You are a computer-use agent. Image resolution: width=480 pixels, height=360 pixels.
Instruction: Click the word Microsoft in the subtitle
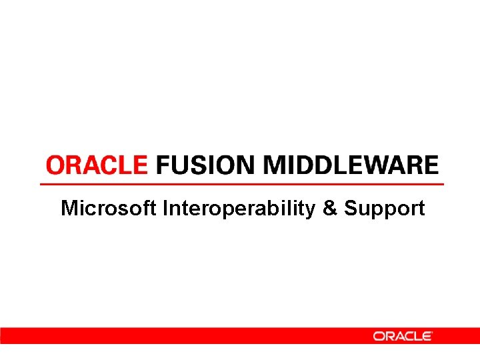click(x=108, y=209)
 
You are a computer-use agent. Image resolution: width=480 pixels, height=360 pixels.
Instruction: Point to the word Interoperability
click(x=238, y=209)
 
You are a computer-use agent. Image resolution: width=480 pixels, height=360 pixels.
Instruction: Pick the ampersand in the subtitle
click(x=330, y=209)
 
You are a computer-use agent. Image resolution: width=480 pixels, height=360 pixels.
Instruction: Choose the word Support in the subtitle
click(x=385, y=209)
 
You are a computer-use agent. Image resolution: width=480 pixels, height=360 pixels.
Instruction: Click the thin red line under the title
click(x=241, y=183)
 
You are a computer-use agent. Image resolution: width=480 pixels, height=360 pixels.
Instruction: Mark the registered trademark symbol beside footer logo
click(x=433, y=332)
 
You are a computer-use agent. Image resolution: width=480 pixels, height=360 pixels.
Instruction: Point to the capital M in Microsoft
click(x=69, y=209)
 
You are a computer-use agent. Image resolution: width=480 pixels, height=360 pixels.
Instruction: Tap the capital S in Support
click(x=351, y=209)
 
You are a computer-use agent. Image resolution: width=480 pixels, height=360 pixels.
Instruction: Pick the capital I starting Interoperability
click(x=164, y=209)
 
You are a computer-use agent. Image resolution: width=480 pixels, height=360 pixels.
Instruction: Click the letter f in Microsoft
click(x=147, y=208)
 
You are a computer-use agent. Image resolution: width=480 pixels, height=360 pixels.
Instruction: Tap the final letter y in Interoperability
click(x=310, y=211)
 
